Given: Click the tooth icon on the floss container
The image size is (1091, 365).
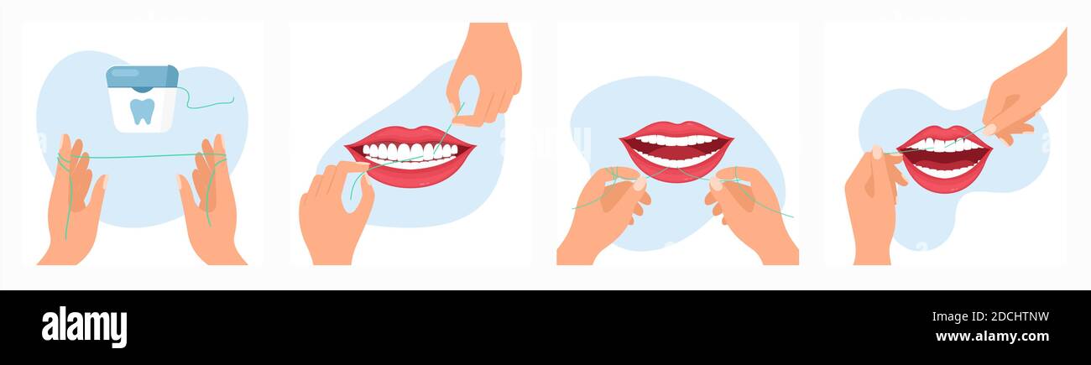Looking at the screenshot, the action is pyautogui.click(x=142, y=111).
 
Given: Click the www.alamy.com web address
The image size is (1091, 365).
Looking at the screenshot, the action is pyautogui.click(x=992, y=336).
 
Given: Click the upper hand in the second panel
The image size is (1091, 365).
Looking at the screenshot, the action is pyautogui.click(x=484, y=73).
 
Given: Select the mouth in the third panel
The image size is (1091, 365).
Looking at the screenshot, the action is pyautogui.click(x=676, y=151).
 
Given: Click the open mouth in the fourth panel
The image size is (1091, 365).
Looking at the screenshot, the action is pyautogui.click(x=945, y=158).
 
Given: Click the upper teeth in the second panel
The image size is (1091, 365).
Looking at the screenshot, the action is pyautogui.click(x=410, y=150).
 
